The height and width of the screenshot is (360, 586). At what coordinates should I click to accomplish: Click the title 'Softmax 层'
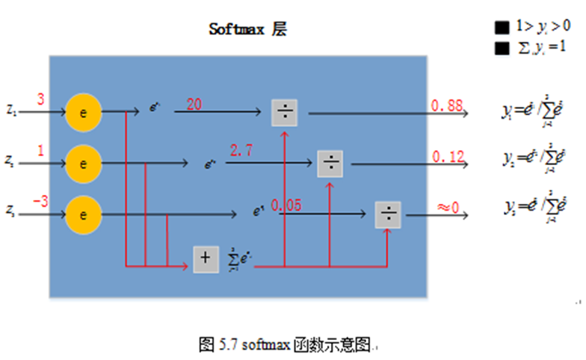coord(247,30)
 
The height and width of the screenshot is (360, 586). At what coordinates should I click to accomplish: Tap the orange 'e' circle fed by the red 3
coord(84,113)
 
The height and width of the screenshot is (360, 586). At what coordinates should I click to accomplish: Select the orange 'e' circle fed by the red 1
coord(84,162)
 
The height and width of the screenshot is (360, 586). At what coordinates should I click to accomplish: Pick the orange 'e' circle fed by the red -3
coord(84,214)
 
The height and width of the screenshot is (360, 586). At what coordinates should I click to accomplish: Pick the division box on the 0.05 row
coord(388,215)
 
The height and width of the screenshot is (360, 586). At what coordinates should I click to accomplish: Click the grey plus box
coord(206,258)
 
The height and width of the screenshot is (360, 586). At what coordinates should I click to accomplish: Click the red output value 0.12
coord(448,156)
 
